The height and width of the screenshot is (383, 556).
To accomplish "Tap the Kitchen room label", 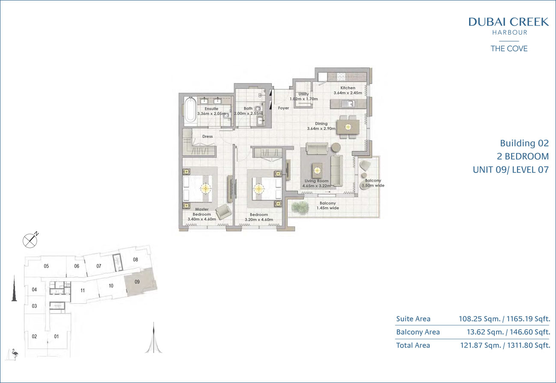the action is click(x=348, y=88).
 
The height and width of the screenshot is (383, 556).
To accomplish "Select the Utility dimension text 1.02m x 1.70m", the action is click(x=303, y=99).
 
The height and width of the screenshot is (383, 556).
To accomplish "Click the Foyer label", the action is click(x=283, y=108).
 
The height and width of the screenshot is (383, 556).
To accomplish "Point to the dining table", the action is click(x=348, y=127).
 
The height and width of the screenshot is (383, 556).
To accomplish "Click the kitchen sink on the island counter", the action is click(x=348, y=104).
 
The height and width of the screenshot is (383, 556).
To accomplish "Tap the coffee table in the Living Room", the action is click(x=317, y=170).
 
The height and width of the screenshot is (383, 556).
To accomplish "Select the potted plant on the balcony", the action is click(x=300, y=207).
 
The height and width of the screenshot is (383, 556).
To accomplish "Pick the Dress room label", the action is click(x=208, y=136).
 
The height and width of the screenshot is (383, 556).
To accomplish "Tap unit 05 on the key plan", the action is click(x=46, y=266).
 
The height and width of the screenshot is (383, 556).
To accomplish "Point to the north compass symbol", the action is click(x=30, y=240).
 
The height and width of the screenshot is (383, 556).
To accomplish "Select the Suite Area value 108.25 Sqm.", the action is click(x=479, y=319).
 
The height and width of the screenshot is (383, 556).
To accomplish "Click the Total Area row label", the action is click(x=413, y=345).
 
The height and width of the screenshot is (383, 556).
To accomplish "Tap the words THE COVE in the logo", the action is click(x=509, y=48).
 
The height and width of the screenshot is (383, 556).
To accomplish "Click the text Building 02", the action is click(x=524, y=143).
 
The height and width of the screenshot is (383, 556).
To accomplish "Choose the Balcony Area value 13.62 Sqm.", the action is click(x=485, y=332).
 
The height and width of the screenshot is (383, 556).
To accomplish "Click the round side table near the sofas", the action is click(x=336, y=148).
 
